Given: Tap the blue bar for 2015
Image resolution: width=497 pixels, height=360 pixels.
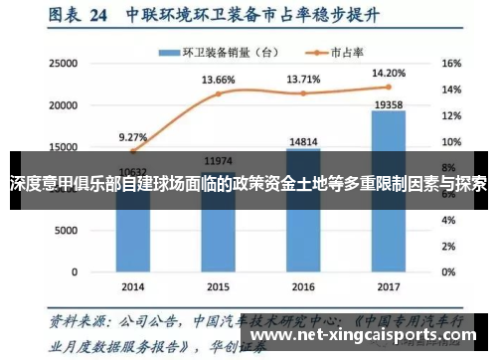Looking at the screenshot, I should pos(218,224).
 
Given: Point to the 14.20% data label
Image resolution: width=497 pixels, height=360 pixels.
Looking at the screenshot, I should pos(388,73).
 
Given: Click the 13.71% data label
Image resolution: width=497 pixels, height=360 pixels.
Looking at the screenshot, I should pos(304,79).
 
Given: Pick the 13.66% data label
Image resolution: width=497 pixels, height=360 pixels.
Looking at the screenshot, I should pos(218,80).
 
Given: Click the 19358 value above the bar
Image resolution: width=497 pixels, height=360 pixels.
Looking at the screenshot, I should pos(388,103).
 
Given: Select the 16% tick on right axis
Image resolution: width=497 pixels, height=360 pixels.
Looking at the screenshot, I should pos(450,63).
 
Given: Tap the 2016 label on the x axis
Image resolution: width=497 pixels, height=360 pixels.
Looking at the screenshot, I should pos(302,285).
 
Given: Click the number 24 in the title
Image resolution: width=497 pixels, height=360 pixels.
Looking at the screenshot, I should pos(98,16).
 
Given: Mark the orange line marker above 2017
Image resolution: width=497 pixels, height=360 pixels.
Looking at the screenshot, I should pos(388,88).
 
